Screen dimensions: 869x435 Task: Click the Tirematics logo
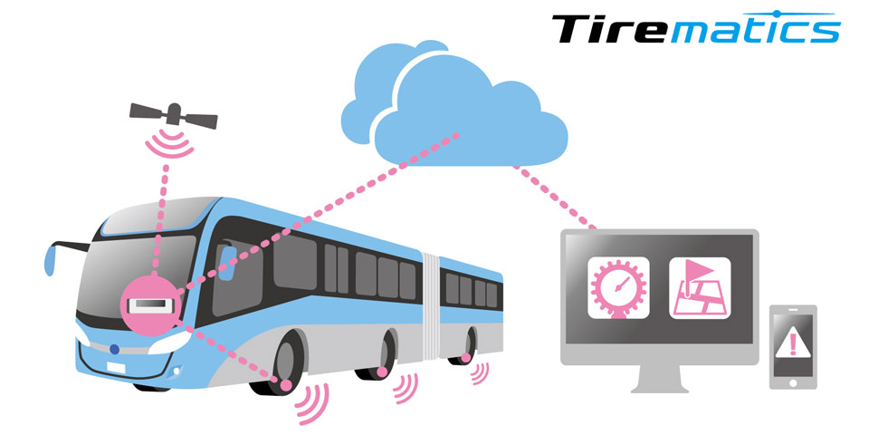[x=696, y=27]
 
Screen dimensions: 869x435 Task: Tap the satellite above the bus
[x=174, y=115]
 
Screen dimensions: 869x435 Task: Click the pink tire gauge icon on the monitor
[x=618, y=287]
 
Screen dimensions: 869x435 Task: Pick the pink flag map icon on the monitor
[x=700, y=287]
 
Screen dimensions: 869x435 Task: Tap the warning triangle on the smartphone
[x=793, y=342]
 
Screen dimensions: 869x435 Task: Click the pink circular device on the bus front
[x=150, y=305]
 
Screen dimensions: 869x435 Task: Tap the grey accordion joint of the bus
[x=431, y=306]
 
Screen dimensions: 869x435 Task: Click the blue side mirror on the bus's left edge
[x=49, y=261]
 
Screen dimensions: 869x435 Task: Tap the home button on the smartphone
[x=793, y=382]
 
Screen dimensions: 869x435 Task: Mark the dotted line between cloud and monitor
[x=554, y=197]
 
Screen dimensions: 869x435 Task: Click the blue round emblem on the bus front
[x=114, y=349]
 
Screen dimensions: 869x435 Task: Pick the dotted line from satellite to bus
[x=161, y=218]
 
